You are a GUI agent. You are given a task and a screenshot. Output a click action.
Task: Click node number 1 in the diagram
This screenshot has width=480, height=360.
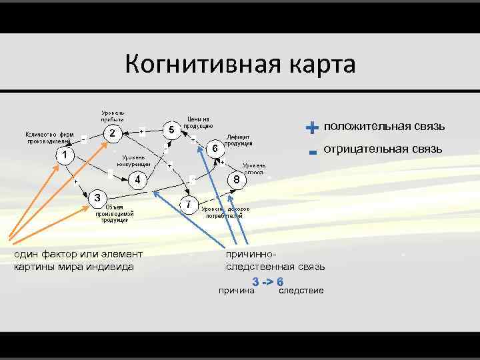click(x=64, y=155)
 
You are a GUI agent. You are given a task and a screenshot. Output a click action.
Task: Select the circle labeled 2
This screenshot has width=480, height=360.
click(x=113, y=133)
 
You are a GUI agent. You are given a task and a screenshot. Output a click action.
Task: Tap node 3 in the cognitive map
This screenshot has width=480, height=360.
click(x=97, y=197)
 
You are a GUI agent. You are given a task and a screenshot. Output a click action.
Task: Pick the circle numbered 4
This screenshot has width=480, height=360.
click(x=137, y=180)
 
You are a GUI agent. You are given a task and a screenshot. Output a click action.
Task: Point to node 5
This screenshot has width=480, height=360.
click(x=171, y=129)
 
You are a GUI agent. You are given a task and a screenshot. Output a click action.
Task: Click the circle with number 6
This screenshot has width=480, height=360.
click(x=215, y=148)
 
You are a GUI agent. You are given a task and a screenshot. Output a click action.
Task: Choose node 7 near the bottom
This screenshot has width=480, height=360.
click(x=189, y=203)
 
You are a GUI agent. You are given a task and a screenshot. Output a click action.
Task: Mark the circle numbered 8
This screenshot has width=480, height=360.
click(x=236, y=180)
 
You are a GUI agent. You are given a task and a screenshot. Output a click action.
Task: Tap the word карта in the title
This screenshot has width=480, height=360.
click(x=319, y=65)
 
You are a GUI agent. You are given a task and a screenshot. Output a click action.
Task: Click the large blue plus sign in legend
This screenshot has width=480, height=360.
click(x=311, y=127)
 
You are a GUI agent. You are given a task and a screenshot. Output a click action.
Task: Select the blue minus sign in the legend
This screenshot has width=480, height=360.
click(x=312, y=152)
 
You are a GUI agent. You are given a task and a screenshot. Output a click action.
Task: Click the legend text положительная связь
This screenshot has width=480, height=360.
click(x=384, y=127)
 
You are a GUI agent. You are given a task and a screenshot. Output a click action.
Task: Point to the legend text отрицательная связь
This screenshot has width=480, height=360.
click(x=383, y=149)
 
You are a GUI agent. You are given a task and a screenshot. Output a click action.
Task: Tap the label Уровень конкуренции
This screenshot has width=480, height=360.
click(x=133, y=160)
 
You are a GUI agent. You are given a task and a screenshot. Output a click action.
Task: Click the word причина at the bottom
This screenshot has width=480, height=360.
click(x=236, y=291)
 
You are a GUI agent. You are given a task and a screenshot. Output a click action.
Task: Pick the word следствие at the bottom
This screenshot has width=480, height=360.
click(x=301, y=291)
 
